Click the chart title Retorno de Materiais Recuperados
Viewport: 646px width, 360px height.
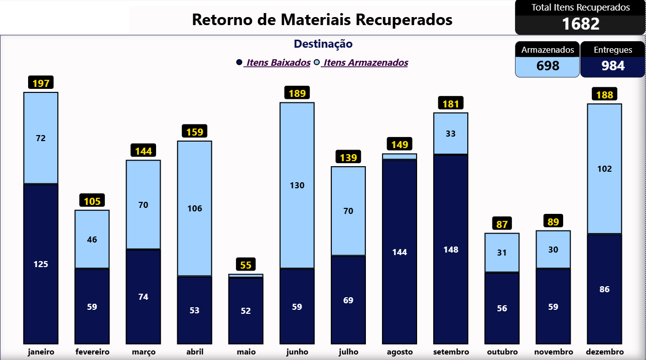coord(322,20)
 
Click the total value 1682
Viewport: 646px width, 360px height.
coord(580,24)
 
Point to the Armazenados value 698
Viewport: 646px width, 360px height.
coord(548,66)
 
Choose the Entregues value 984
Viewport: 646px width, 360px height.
coord(612,66)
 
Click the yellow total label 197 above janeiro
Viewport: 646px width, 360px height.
coord(41,83)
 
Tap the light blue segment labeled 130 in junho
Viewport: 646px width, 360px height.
coord(297,185)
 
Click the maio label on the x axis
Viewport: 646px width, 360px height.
coord(245,352)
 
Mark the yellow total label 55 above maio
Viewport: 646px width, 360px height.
coord(245,265)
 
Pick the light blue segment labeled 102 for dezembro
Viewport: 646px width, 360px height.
coord(604,169)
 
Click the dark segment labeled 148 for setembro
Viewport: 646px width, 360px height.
coord(451,250)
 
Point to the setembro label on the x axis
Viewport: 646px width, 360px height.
coord(451,352)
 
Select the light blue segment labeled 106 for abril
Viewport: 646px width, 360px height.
coord(195,208)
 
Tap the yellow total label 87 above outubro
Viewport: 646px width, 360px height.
coord(502,224)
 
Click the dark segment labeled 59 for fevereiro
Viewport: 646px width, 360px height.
coord(92,306)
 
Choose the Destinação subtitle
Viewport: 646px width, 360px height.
coord(323,44)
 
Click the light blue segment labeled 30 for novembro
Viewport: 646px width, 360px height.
coord(553,250)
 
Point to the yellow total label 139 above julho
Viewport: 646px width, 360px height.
coord(348,158)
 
